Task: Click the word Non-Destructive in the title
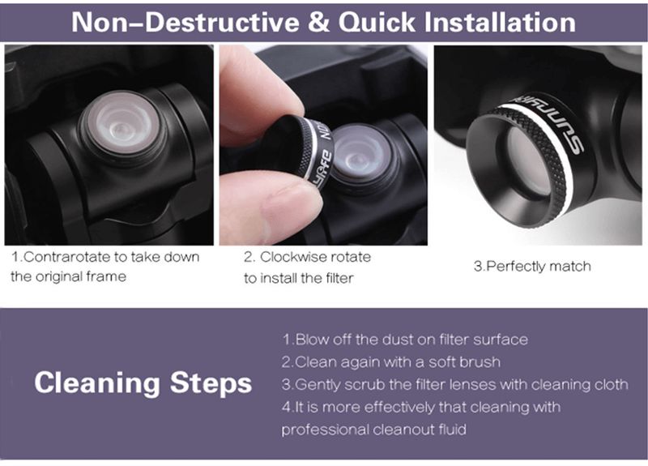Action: tap(185, 22)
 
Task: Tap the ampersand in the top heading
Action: tap(318, 22)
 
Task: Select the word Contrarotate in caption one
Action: tap(67, 257)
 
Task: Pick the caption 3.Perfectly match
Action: tap(532, 266)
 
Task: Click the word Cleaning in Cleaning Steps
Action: tap(97, 383)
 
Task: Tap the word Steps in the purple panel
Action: tap(211, 383)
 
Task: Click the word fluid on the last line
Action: tap(453, 430)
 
